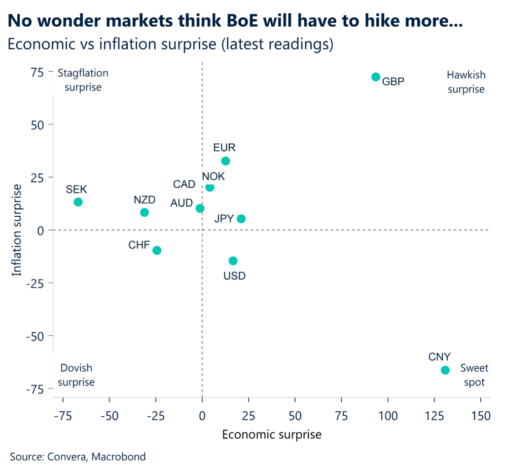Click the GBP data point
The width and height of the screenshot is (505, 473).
376,77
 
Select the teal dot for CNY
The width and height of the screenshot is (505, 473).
445,370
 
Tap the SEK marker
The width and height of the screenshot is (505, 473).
78,202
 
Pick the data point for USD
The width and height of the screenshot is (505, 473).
233,261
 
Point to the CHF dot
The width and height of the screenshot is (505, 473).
157,250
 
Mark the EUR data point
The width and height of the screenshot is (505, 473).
225,161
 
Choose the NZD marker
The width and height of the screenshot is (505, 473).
144,212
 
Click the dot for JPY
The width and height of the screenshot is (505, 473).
241,219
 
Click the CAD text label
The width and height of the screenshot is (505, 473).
184,185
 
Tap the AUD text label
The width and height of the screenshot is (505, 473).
181,203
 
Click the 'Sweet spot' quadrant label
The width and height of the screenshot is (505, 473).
474,375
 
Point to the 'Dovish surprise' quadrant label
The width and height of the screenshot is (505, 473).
77,375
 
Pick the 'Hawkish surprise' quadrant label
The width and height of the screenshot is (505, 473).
466,82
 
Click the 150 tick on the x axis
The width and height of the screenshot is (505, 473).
480,416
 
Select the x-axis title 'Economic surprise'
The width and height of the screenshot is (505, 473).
272,434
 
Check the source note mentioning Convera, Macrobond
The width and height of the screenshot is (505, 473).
78,457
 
